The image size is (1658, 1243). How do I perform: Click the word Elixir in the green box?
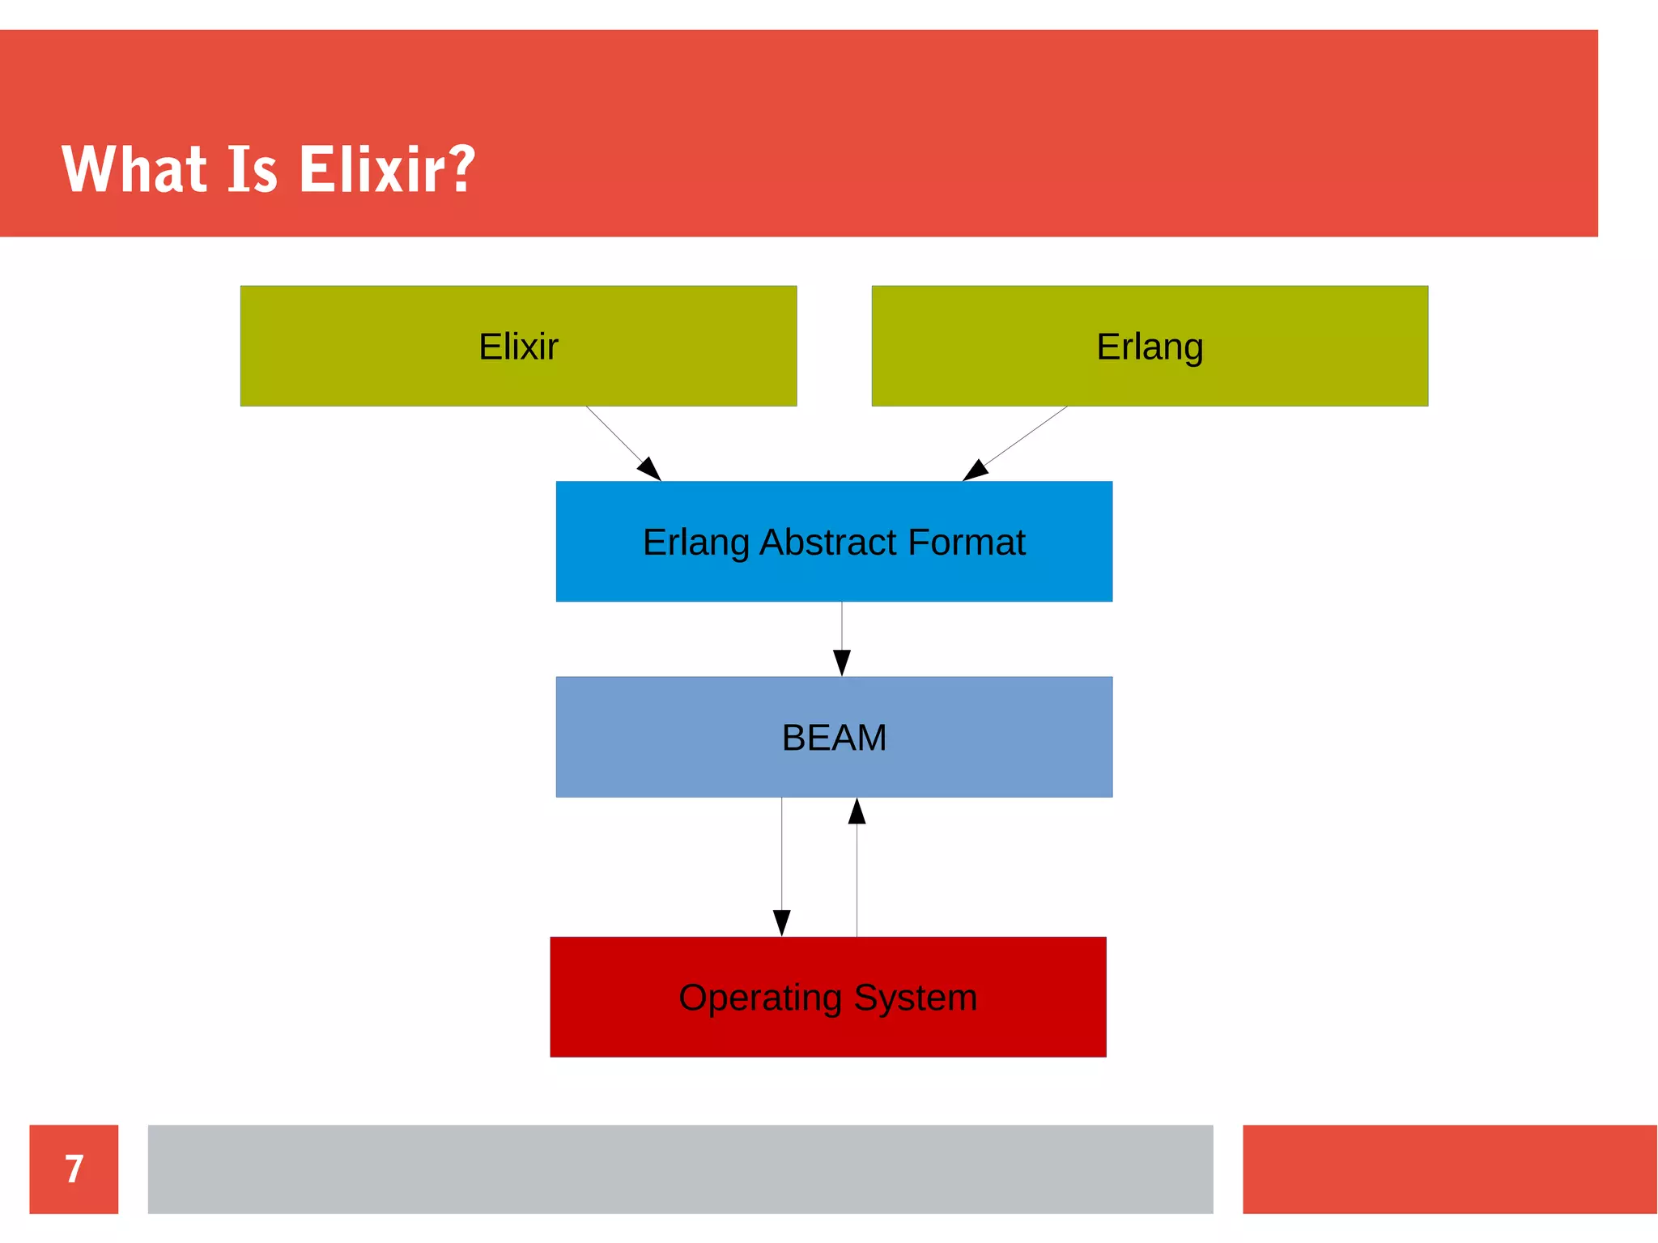518,347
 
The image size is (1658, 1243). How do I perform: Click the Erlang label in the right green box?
1150,347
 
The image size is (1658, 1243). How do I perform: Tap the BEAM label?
834,738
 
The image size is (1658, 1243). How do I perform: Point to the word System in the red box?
915,998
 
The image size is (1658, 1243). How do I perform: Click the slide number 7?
74,1169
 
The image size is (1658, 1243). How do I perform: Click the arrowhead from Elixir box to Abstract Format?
650,470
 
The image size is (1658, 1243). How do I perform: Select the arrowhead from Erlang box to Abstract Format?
974,470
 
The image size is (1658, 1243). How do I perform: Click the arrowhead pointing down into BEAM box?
842,663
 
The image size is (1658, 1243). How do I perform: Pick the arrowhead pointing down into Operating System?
781,923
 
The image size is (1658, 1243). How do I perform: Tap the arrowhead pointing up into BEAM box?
857,811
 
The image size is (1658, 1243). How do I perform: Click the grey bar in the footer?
680,1169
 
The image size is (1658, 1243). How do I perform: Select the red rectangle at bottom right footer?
1449,1169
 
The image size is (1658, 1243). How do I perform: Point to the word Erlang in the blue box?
695,542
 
